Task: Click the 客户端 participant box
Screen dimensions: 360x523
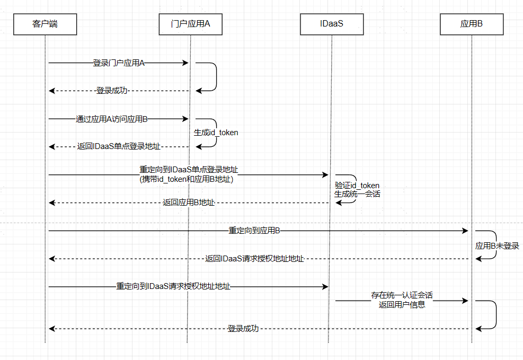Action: pos(45,24)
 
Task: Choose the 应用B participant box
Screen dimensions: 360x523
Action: pos(471,24)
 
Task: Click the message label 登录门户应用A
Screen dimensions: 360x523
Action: pos(119,63)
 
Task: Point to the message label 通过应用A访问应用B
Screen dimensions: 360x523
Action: pos(111,119)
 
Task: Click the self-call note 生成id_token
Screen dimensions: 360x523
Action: pos(216,133)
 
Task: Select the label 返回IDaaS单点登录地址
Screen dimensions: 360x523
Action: pos(119,146)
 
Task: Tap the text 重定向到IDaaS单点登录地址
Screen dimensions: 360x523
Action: pos(189,170)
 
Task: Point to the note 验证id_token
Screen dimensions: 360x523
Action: pos(357,185)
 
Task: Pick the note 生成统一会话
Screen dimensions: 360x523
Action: pos(357,194)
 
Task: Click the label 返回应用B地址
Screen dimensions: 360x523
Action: pos(189,203)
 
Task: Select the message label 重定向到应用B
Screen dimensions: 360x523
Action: pos(254,231)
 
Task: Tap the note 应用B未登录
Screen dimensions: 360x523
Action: pos(497,246)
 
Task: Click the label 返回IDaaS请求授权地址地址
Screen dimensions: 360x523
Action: pos(254,259)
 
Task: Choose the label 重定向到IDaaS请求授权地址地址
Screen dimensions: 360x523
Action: pos(173,287)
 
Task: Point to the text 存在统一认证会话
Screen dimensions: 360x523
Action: pos(402,295)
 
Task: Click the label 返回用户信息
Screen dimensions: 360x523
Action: pos(402,304)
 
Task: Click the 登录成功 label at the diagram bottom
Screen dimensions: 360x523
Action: pos(243,329)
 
